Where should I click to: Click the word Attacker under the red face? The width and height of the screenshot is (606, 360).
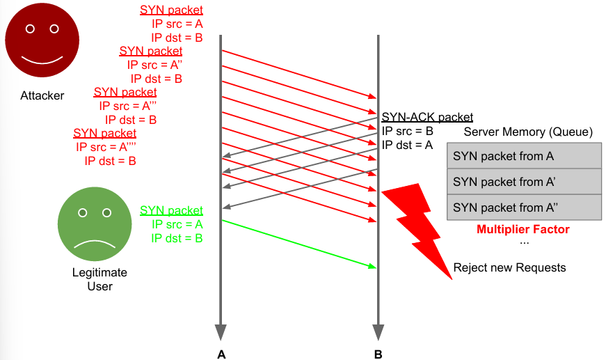[x=42, y=95]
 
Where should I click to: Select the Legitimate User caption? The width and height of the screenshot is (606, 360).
[x=99, y=279]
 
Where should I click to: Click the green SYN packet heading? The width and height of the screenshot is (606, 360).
[x=171, y=210]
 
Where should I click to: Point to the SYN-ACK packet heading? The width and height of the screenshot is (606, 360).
[x=427, y=118]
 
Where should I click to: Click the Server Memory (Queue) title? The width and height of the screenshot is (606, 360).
[x=528, y=132]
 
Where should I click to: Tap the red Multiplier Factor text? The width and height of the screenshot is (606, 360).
[x=523, y=229]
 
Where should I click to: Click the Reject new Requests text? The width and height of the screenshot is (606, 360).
[x=509, y=267]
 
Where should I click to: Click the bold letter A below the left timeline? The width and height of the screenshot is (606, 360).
[x=221, y=354]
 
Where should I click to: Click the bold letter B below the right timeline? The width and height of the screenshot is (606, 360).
[x=378, y=354]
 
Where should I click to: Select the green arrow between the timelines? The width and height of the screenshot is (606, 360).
[x=299, y=243]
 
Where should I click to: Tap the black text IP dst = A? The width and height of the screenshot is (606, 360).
[x=407, y=145]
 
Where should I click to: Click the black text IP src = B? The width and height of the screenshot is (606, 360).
[x=407, y=131]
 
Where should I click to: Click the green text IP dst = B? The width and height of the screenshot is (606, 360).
[x=177, y=238]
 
